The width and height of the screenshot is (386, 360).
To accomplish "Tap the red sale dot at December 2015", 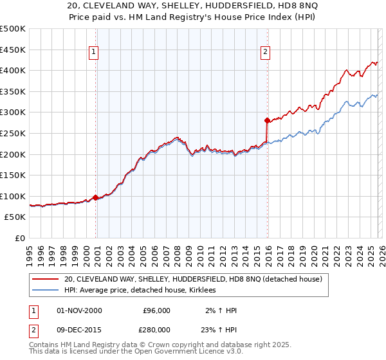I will (x=267, y=120).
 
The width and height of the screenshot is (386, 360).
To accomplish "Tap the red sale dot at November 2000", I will (x=96, y=197).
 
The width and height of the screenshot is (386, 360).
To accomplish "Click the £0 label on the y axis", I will (x=20, y=238).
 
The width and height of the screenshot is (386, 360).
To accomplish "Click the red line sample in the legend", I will (x=46, y=279).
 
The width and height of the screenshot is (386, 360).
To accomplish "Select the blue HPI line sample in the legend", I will (x=46, y=291).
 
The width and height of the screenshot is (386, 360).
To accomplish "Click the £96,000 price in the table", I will (x=156, y=310).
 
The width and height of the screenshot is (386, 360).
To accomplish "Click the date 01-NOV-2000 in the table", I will (x=80, y=310).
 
